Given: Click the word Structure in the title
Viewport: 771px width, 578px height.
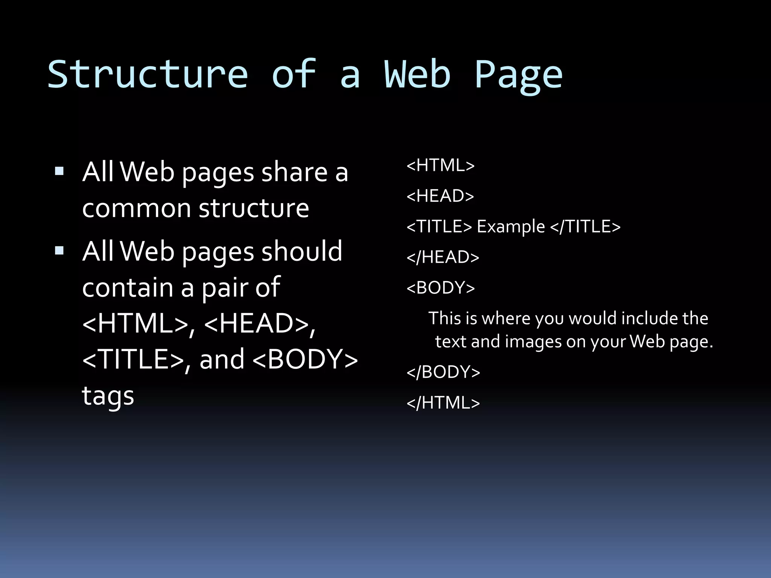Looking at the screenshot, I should (148, 75).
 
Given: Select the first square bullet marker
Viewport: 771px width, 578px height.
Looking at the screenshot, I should (59, 172).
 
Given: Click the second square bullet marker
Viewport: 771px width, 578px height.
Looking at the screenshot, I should (59, 251).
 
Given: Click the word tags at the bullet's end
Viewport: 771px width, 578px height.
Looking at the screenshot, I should (108, 396).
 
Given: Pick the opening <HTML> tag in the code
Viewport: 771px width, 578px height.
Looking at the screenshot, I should (440, 166).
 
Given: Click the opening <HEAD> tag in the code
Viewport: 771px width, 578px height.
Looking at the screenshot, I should (440, 196).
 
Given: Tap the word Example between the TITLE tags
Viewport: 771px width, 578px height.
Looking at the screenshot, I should (511, 227).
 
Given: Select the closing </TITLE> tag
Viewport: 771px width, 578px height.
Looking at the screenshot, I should (585, 227).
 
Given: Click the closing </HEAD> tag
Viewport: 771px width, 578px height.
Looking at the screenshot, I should (443, 257).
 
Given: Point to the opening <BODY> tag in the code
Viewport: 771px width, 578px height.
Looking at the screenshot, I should (440, 288).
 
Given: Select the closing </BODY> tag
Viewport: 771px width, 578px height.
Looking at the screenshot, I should (443, 372).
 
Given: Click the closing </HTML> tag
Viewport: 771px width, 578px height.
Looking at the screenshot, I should (443, 403).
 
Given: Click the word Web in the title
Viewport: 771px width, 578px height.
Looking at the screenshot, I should (417, 75).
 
